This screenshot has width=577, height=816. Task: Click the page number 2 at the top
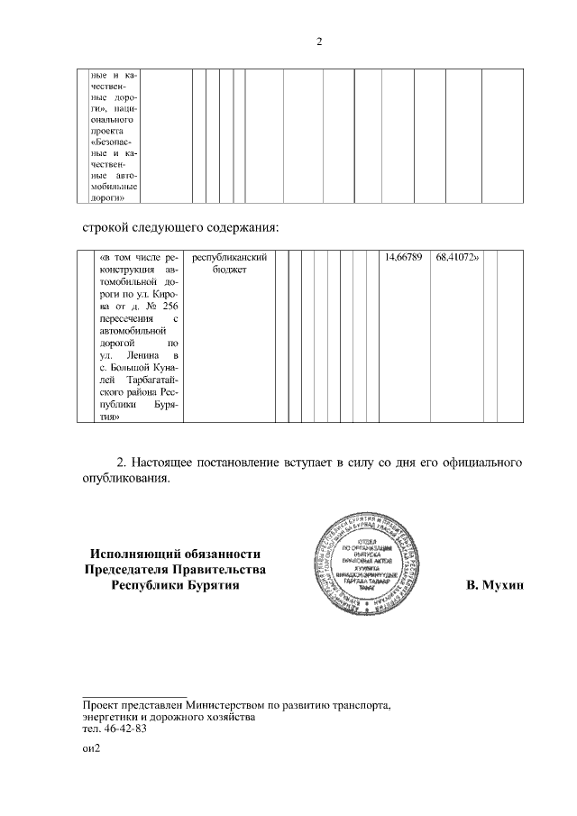click(x=319, y=41)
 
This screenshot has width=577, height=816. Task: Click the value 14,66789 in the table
click(x=404, y=258)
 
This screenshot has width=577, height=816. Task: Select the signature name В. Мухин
click(x=495, y=586)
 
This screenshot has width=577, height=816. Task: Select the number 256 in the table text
click(x=168, y=307)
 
